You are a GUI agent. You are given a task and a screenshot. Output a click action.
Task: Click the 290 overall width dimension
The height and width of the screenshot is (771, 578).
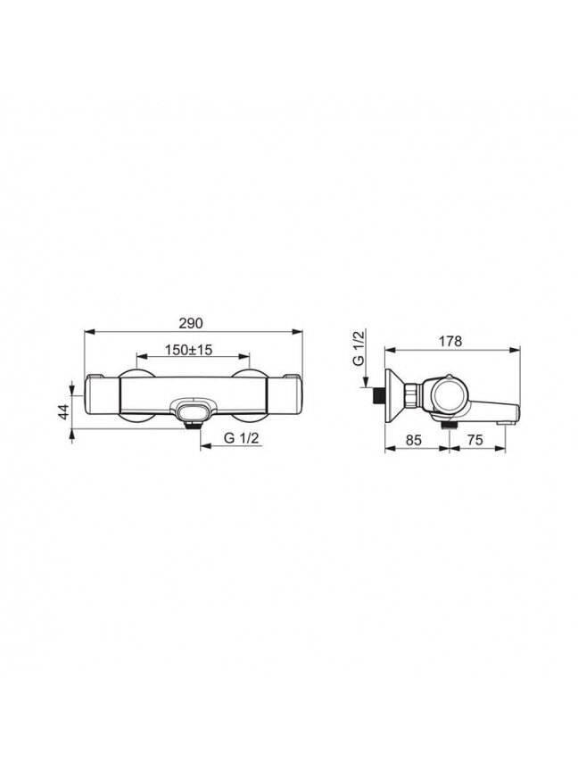(x=191, y=324)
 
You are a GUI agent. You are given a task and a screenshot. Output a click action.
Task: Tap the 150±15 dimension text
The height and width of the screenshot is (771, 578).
(x=189, y=350)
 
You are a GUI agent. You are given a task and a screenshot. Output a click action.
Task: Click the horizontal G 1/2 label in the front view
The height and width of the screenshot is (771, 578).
(x=241, y=438)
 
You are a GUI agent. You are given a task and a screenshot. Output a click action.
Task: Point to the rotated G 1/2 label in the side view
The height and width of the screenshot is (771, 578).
(x=359, y=348)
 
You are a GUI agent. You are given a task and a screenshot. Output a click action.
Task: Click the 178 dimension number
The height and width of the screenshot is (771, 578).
(x=450, y=341)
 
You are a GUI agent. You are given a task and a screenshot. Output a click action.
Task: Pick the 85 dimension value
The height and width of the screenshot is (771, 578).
(x=413, y=440)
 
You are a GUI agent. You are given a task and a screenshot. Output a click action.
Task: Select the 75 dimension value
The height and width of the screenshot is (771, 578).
(x=475, y=440)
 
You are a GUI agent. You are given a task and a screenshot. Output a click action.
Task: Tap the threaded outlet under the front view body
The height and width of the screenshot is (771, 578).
(x=193, y=425)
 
